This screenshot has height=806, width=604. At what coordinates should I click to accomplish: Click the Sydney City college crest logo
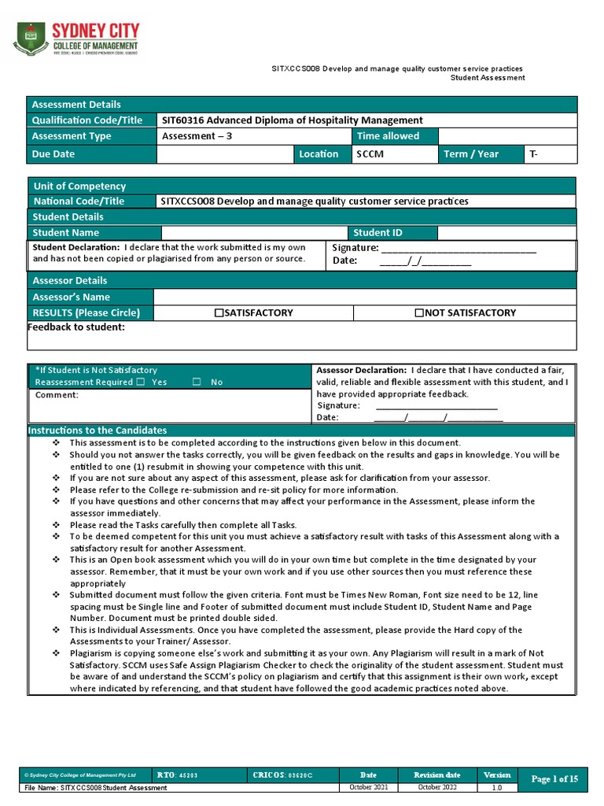pos(31,39)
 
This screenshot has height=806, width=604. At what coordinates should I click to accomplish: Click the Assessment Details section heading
pos(76,105)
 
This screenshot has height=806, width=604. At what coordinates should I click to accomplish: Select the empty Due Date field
pos(225,154)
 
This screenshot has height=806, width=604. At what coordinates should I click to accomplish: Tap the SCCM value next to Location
pos(370,154)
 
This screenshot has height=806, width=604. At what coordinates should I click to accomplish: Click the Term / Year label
pos(471,154)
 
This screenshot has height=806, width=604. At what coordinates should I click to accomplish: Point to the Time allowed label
pos(389,136)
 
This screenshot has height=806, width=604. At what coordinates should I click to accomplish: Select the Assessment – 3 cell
pos(197,136)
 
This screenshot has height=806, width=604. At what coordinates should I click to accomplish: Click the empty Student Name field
pos(254,233)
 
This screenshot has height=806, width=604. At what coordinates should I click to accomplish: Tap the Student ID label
pos(377,233)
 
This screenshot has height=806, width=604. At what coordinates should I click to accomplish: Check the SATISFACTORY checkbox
pos(219,313)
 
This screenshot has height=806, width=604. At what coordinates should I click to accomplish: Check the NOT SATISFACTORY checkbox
pos(419,313)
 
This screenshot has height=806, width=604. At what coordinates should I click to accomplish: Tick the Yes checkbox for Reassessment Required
pos(140,382)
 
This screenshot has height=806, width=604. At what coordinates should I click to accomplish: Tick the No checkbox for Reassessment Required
pos(197,382)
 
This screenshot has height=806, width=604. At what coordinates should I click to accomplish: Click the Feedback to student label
pos(76,327)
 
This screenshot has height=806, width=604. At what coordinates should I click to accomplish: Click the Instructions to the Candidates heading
pos(98,431)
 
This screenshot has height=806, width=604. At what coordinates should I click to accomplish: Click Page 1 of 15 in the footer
pos(554,779)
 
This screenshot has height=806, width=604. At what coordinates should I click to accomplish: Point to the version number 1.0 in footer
pos(497,787)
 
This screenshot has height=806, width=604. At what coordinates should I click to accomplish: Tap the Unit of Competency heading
pos(79,187)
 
